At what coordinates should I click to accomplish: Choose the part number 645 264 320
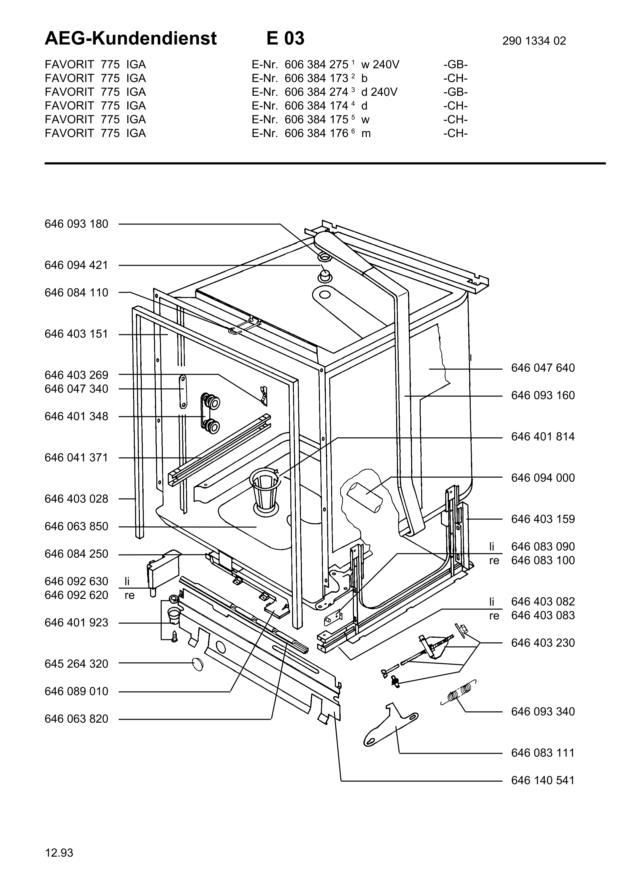click(x=76, y=664)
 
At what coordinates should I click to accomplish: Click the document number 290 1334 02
click(x=534, y=41)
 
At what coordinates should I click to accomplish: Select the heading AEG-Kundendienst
click(x=131, y=38)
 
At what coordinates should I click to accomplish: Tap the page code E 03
click(x=285, y=38)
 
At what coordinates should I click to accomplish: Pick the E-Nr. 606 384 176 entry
click(x=300, y=133)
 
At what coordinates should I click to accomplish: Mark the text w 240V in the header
click(x=380, y=64)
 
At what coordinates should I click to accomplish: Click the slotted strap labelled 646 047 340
click(x=183, y=391)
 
